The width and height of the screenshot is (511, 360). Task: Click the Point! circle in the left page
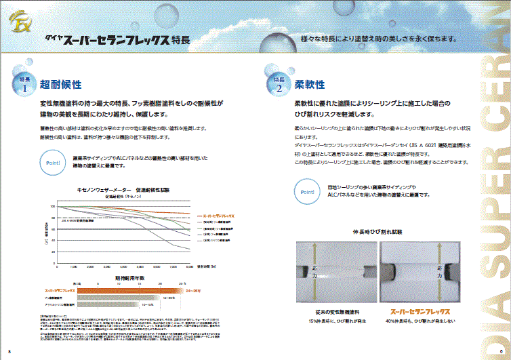click(x=54, y=163)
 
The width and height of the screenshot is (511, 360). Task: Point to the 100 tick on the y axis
click(x=52, y=205)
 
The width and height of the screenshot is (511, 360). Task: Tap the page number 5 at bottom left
click(x=9, y=351)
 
